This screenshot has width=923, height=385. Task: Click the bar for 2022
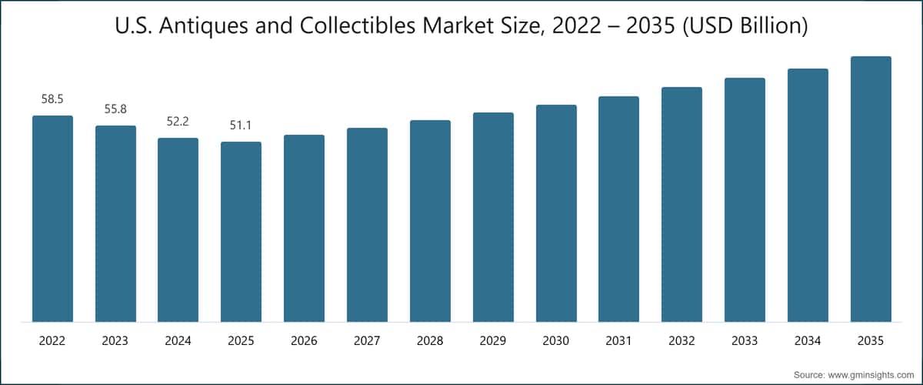(52, 219)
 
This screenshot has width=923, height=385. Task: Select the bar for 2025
(241, 232)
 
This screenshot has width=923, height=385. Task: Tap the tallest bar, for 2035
(871, 189)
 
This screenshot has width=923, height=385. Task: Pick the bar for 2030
(556, 213)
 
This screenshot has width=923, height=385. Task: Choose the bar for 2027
(367, 225)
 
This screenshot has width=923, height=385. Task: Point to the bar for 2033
(745, 199)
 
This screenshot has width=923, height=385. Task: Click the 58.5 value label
(52, 99)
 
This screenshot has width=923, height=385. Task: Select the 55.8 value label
(115, 110)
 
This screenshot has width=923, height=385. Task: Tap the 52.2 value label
(178, 122)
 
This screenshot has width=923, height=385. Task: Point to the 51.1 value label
(241, 126)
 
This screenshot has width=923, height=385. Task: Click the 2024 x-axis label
(178, 340)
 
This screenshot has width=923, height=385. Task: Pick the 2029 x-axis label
(493, 340)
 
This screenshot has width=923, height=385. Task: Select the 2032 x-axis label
(681, 340)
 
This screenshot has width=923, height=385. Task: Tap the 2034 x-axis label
(808, 340)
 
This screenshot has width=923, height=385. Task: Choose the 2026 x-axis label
(304, 340)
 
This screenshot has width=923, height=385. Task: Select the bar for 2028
(430, 221)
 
